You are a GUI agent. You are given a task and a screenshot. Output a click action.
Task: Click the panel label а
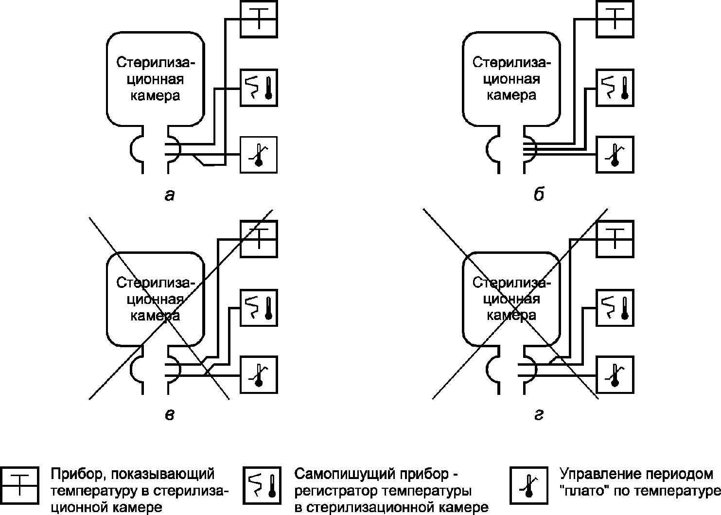click(x=169, y=195)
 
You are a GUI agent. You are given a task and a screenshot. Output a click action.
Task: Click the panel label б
click(x=538, y=195)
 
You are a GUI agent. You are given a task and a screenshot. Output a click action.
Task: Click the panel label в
click(x=169, y=415)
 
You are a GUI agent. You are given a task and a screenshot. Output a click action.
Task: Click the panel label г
click(x=538, y=415)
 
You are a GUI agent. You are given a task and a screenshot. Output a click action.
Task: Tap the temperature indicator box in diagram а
click(x=259, y=19)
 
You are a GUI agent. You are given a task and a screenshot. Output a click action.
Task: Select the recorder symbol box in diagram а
click(x=259, y=88)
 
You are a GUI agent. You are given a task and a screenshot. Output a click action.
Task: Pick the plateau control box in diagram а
click(x=259, y=155)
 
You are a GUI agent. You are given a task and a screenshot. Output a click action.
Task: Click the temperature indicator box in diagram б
click(x=615, y=19)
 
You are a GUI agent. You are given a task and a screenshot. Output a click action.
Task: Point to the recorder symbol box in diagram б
click(x=615, y=88)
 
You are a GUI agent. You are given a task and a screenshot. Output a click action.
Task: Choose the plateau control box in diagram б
click(x=615, y=155)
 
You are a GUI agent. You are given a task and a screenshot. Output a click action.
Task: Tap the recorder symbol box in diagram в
click(x=259, y=307)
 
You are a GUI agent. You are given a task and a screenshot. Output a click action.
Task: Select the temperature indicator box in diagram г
click(x=615, y=239)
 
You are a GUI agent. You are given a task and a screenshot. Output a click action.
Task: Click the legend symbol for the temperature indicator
click(x=19, y=485)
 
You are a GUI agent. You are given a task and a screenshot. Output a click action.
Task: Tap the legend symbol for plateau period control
click(x=528, y=485)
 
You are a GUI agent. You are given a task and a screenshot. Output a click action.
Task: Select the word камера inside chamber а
click(x=155, y=95)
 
